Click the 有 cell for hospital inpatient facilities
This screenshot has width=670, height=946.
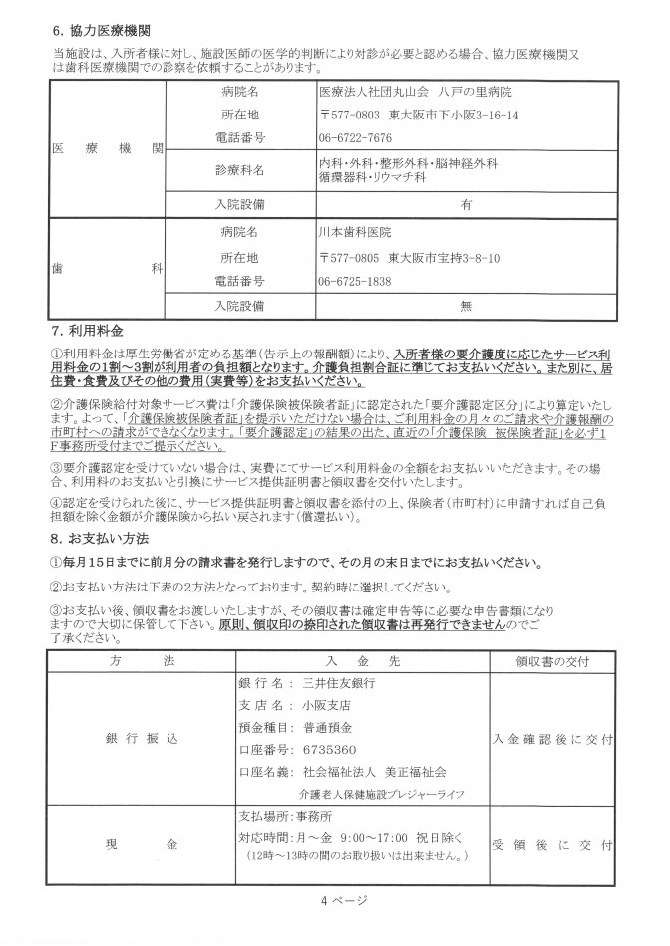tap(465, 203)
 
